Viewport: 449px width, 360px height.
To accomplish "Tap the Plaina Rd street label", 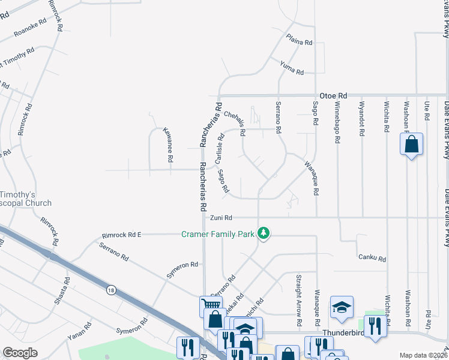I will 300,43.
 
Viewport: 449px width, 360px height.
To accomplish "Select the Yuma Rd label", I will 292,68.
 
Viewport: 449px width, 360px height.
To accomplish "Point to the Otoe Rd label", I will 333,95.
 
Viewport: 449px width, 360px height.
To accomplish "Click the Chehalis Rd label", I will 234,122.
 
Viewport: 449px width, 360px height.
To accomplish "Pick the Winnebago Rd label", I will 337,122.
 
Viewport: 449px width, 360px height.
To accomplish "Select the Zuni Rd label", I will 220,218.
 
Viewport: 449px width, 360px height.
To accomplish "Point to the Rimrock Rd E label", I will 122,235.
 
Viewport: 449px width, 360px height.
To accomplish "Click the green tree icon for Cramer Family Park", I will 264,233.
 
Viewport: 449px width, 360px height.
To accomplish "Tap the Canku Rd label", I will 372,257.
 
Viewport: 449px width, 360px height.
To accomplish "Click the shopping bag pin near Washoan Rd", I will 411,145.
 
